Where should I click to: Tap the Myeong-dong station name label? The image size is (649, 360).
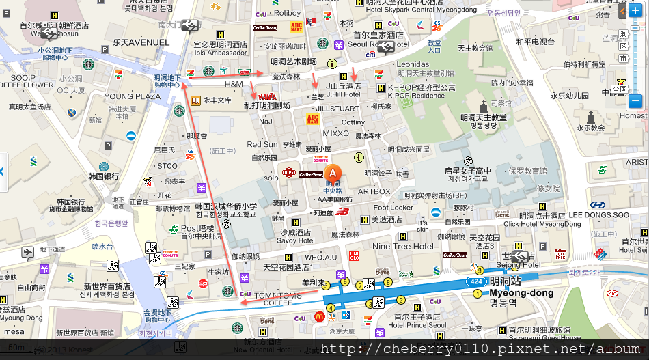[521, 293]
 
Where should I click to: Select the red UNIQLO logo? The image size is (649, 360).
[354, 255]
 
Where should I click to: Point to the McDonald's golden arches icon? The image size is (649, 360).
[319, 316]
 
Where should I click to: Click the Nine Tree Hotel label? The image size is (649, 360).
[402, 246]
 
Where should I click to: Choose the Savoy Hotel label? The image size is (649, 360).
[296, 240]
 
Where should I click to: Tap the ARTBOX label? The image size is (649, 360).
[374, 191]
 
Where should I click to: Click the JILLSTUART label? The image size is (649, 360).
[337, 109]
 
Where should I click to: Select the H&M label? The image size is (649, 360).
[234, 84]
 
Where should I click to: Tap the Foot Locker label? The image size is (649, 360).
[393, 208]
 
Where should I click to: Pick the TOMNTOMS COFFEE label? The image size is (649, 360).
[277, 299]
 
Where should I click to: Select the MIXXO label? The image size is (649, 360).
[336, 133]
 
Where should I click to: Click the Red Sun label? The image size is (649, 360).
[262, 144]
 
